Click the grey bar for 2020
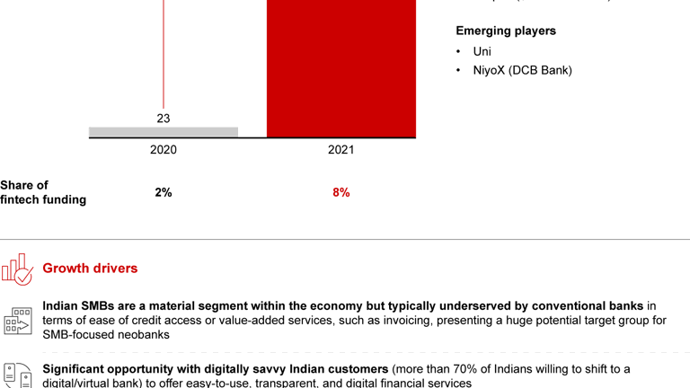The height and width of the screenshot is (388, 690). (164, 132)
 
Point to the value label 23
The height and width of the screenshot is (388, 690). (163, 118)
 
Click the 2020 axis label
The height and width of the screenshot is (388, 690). (163, 150)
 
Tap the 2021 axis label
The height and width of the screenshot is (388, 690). (341, 150)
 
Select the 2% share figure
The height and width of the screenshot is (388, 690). (163, 192)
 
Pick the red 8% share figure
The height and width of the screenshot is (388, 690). (341, 192)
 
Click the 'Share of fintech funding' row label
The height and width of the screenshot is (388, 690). (43, 192)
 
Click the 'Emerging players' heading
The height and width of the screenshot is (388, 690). (506, 31)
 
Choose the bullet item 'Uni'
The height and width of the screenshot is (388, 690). (482, 51)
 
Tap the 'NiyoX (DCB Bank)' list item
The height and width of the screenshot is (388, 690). (522, 70)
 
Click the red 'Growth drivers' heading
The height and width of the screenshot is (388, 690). (90, 268)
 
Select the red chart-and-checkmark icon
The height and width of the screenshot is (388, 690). (17, 269)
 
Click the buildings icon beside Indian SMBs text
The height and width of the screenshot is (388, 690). (17, 321)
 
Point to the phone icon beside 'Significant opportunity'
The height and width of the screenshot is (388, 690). (17, 375)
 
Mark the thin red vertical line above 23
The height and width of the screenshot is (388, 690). (164, 54)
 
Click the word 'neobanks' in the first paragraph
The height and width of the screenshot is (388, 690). (141, 335)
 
